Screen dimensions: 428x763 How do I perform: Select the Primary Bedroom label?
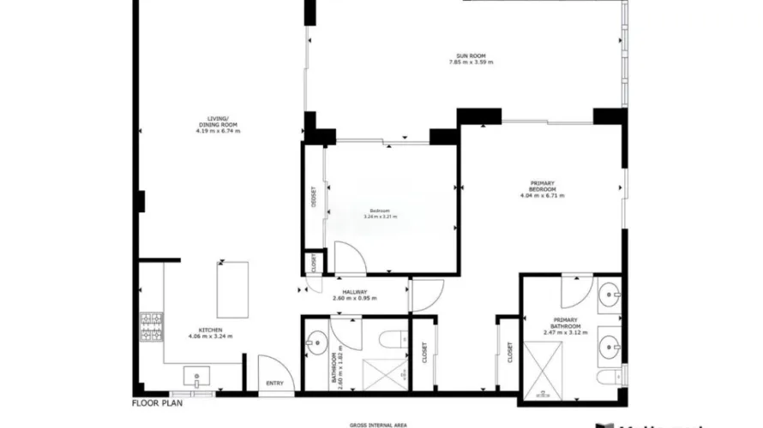[542, 187]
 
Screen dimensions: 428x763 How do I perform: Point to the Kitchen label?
[210, 330]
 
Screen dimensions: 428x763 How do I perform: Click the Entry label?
[275, 383]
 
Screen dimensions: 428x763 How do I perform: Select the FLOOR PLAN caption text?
[158, 401]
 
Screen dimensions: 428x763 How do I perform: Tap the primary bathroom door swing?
[572, 295]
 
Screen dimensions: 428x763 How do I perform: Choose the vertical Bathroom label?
[333, 370]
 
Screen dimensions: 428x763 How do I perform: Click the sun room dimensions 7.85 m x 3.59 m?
[475, 62]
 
